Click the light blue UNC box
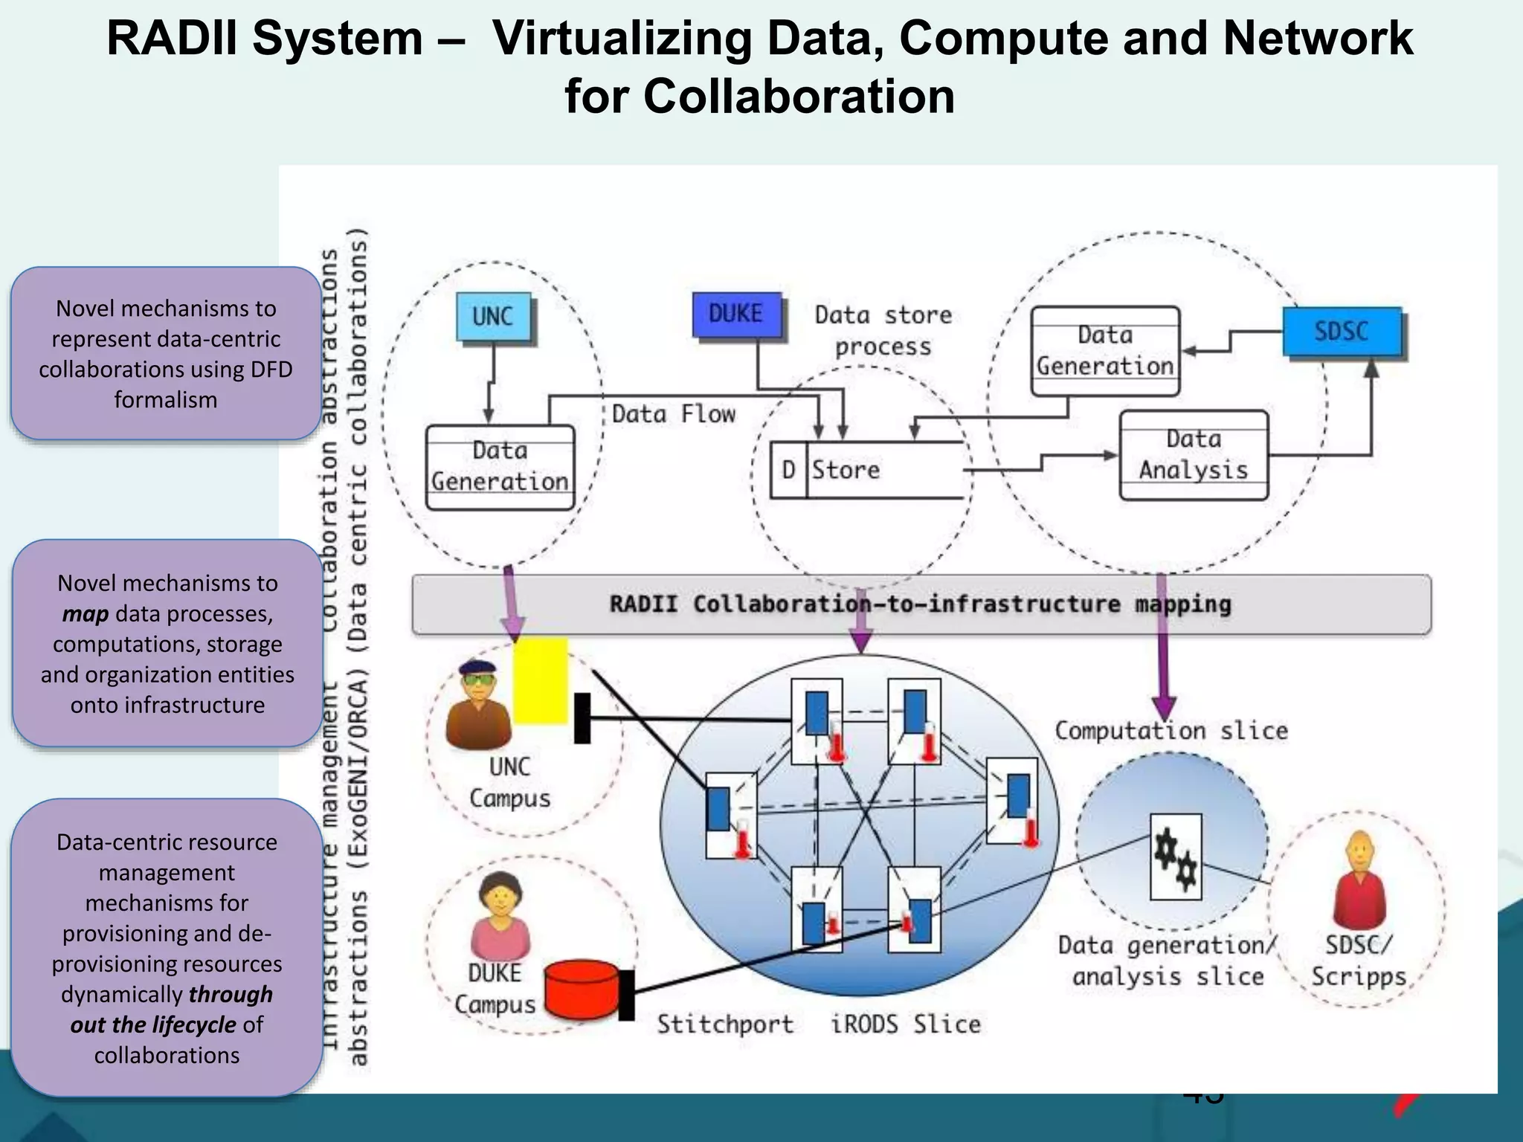tap(494, 317)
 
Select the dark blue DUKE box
tap(736, 314)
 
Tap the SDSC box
tap(1342, 332)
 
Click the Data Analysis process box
tap(1194, 454)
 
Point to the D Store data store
tap(866, 470)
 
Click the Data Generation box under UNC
tap(500, 467)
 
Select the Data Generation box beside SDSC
tap(1105, 351)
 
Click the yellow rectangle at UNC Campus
tap(541, 681)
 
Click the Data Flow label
tap(673, 414)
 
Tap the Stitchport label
tap(725, 1025)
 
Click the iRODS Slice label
tap(906, 1025)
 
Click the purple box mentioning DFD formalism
tap(166, 354)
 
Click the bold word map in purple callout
tap(86, 614)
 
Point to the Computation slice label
tap(1171, 731)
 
